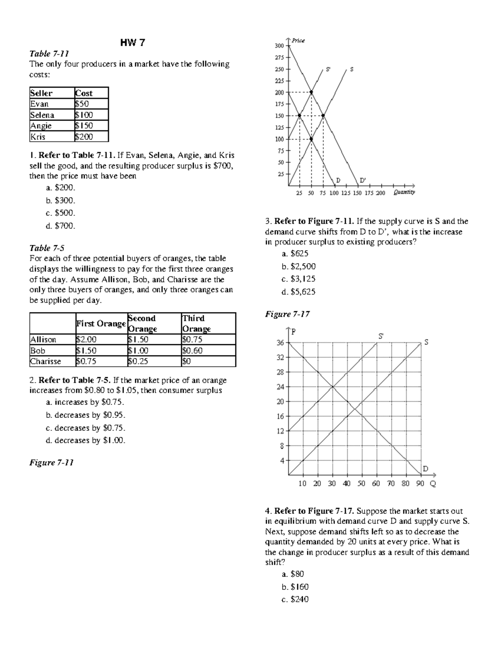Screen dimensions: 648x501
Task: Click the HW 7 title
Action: tap(132, 43)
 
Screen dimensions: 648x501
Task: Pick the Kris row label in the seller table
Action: tap(38, 136)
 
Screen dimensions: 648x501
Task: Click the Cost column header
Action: tap(83, 93)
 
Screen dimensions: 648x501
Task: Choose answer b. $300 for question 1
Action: tap(61, 200)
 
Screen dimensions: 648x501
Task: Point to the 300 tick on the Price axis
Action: tap(279, 45)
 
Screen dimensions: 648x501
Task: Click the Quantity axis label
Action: tap(404, 192)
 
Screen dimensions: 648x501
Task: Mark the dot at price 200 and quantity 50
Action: tap(311, 92)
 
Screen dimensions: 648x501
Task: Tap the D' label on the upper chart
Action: tap(362, 180)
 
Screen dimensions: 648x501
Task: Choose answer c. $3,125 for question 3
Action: tap(299, 279)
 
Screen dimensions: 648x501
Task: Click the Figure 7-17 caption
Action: tap(287, 314)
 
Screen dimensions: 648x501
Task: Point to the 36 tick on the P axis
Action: tap(280, 343)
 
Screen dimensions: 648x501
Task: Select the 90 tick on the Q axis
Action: tap(420, 484)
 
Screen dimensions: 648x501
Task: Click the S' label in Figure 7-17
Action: tap(381, 335)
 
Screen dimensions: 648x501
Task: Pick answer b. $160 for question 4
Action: tap(295, 587)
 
